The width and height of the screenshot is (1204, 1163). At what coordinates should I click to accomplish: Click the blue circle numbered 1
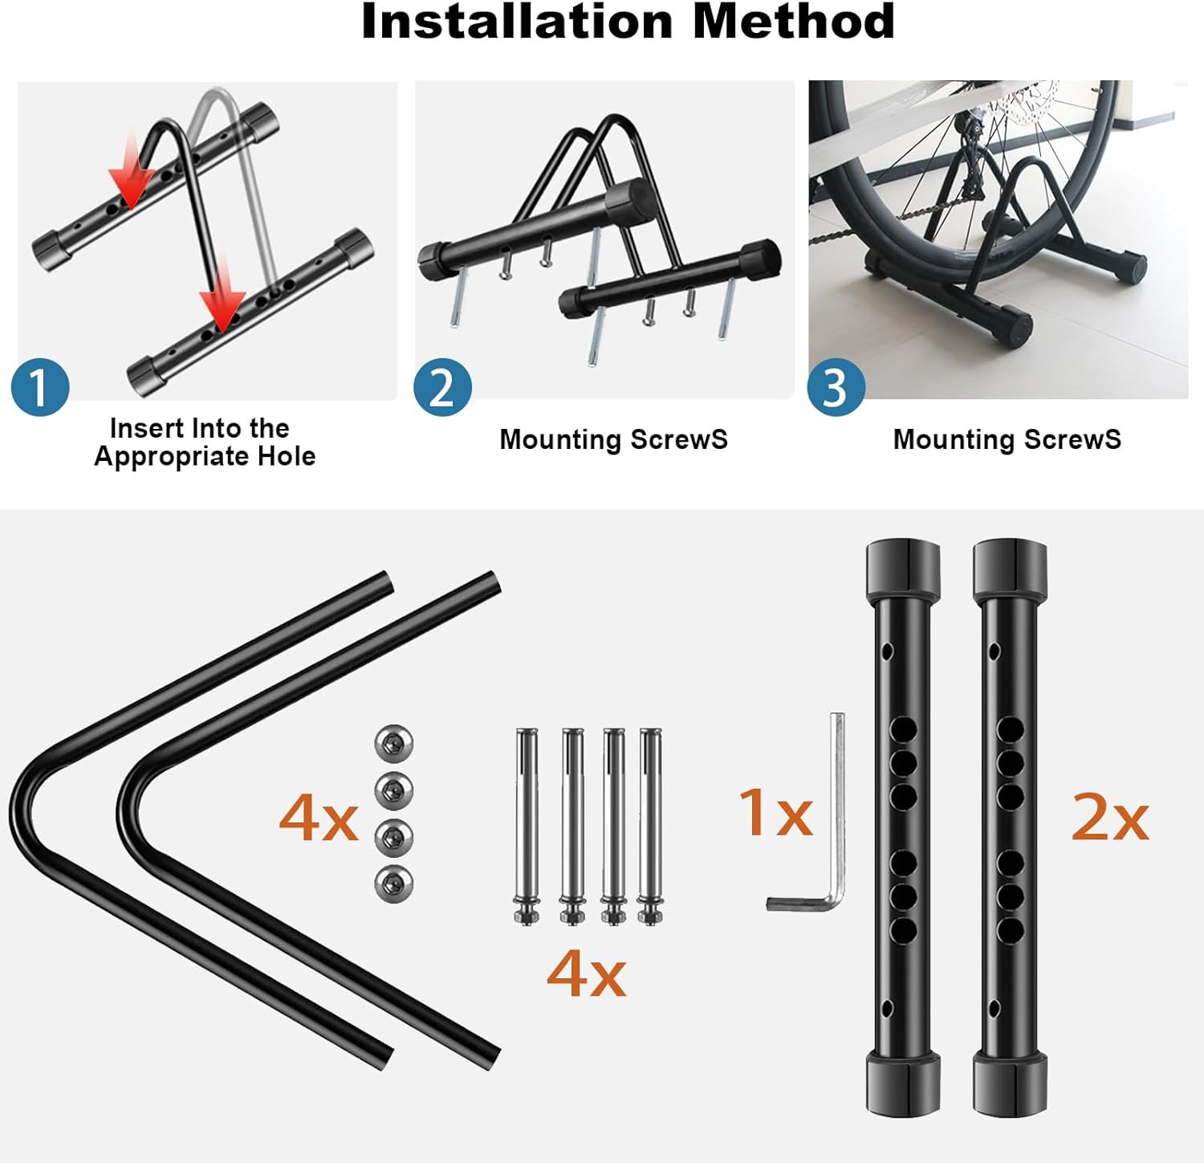[40, 387]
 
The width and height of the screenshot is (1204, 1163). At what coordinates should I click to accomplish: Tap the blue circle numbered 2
[442, 387]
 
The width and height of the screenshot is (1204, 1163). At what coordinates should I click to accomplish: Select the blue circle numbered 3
[836, 387]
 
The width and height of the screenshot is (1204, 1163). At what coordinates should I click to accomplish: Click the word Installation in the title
[516, 21]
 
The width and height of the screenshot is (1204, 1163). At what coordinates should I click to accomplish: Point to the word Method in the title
[793, 21]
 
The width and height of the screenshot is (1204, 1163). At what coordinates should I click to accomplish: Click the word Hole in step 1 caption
[286, 456]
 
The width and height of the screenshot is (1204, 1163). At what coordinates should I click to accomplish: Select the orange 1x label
[775, 812]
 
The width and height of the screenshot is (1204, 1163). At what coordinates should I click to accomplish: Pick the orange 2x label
[1110, 818]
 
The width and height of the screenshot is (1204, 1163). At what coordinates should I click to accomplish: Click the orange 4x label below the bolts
[586, 973]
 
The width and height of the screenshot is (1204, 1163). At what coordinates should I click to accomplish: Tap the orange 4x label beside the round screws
[319, 818]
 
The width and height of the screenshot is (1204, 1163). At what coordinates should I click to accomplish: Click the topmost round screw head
[394, 744]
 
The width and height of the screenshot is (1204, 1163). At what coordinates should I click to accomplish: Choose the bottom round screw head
[394, 884]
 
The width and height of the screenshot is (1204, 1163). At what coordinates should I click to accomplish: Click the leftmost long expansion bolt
[527, 826]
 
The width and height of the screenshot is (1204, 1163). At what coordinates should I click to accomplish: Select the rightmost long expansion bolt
[650, 826]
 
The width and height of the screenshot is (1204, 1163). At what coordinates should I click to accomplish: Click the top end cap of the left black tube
[903, 570]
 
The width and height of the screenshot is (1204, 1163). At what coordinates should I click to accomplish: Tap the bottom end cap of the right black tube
[1010, 1084]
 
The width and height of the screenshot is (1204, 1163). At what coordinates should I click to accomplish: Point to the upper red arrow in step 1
[131, 177]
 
